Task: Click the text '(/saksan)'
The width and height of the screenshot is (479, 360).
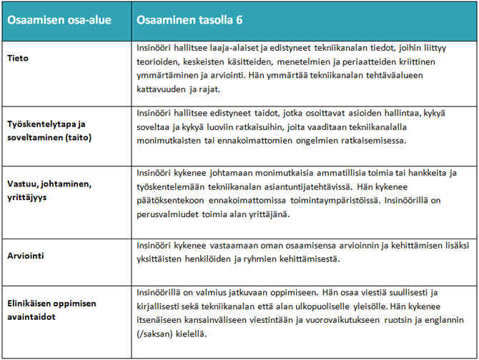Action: pyautogui.click(x=155, y=334)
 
